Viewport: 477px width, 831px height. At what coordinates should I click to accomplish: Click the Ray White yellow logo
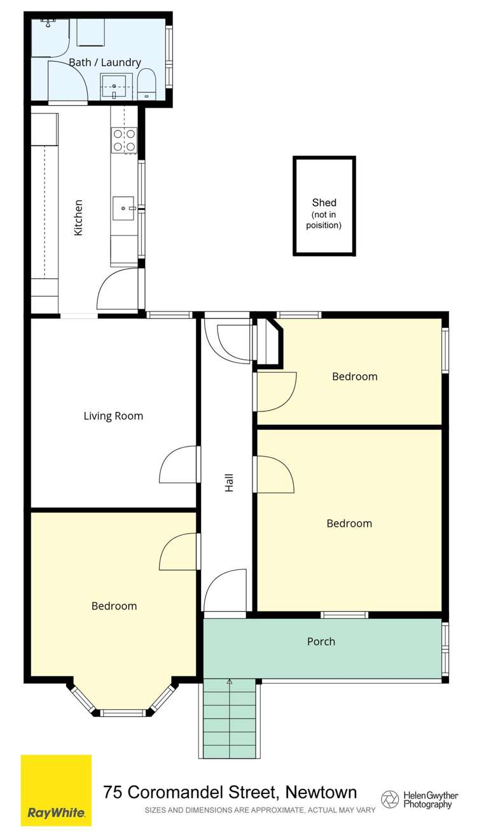tap(56, 790)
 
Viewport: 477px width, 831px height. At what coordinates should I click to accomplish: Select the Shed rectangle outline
tap(324, 207)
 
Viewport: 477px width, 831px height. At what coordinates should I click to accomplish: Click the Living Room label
tap(113, 416)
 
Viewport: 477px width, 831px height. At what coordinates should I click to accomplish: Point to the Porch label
tap(321, 641)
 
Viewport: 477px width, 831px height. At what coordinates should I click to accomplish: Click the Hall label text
tap(229, 481)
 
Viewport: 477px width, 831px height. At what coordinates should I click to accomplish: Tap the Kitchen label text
tap(78, 218)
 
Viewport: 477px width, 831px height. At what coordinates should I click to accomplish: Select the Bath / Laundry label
tap(105, 62)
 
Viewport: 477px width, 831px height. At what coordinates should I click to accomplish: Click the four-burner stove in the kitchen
tap(124, 140)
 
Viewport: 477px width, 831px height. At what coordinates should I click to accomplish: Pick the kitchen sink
tap(123, 207)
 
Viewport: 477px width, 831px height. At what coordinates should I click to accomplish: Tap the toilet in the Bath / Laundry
tap(146, 85)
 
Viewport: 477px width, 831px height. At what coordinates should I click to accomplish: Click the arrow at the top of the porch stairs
tap(230, 682)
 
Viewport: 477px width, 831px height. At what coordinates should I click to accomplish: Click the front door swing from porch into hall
tap(225, 590)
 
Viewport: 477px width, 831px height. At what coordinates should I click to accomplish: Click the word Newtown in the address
tap(321, 792)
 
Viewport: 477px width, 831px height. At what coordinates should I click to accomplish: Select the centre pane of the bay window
tap(123, 713)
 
